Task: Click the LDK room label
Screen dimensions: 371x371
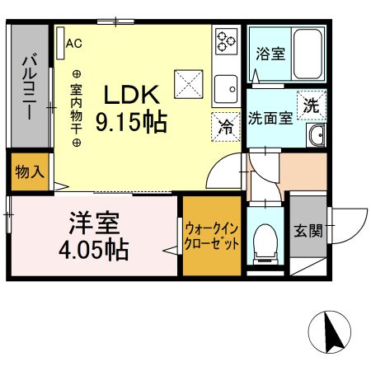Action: pos(131,94)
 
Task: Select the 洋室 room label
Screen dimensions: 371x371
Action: pos(95,223)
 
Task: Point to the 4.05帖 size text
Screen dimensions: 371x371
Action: pos(95,249)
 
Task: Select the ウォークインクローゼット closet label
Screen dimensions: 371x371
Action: pos(212,235)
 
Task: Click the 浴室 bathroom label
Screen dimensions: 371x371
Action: pos(270,55)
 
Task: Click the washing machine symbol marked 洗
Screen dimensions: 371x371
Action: pos(311,105)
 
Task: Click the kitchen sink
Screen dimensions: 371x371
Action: pos(225,86)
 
